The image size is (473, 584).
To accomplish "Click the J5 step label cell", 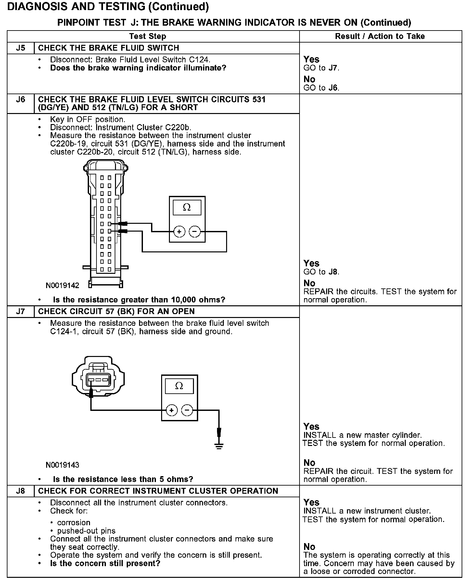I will point(20,48).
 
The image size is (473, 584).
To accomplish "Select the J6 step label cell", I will point(20,99).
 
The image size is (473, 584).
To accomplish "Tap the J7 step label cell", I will point(20,311).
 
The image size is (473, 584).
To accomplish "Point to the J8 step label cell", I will point(20,491).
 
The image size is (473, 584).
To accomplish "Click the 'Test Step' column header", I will point(147,36).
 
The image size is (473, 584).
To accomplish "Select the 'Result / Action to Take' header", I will point(380,36).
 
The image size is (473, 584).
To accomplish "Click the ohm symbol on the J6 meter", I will point(187,208).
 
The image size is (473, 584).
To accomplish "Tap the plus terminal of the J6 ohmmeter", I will point(179,232).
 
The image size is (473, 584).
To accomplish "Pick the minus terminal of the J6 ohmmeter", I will point(195,232).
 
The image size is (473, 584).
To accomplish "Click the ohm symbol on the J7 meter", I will point(179,386).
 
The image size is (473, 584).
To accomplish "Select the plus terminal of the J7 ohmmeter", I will point(172,410).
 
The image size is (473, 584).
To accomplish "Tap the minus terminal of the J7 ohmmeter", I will point(187,410).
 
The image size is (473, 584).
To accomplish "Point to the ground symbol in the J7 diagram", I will point(219,445).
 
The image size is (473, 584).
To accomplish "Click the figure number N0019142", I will point(62,286).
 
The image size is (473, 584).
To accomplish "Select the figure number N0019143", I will point(62,465).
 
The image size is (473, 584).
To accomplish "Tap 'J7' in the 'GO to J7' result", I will point(334,68).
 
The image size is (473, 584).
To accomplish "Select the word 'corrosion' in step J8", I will point(74,523).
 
